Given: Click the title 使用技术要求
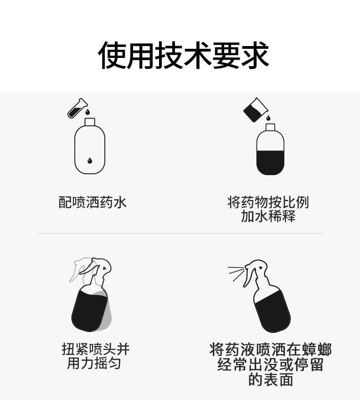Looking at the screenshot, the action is click(183, 55).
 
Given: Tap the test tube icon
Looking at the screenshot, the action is click(77, 109).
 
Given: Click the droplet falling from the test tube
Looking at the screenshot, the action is click(87, 112).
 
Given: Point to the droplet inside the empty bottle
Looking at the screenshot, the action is click(89, 161).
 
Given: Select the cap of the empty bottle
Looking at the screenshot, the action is click(90, 122).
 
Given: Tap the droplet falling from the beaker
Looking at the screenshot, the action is click(268, 118).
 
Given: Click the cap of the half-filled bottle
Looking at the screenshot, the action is click(270, 127).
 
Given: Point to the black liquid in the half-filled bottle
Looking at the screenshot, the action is click(270, 163).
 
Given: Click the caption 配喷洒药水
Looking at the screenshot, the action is click(93, 203).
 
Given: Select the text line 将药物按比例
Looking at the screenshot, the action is click(268, 203).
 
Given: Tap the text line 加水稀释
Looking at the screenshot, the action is click(268, 216).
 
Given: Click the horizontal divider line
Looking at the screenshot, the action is click(180, 233).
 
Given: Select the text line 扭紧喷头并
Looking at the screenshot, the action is click(96, 349).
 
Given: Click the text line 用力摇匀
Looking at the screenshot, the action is click(94, 363).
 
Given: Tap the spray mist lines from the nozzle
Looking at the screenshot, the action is click(236, 272).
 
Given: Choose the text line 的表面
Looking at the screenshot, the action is click(271, 379).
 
